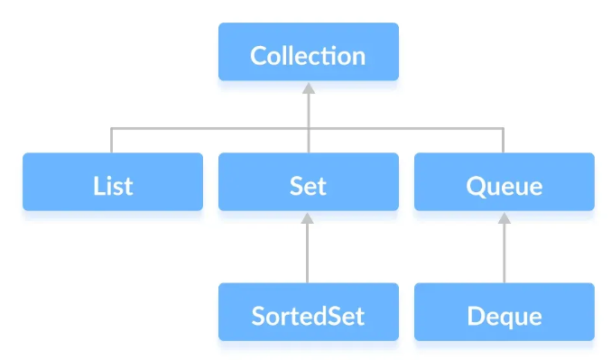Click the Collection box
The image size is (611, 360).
click(x=308, y=55)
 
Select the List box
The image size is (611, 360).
click(x=113, y=186)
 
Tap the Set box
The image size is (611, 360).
click(x=308, y=186)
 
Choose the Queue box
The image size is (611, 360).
click(x=504, y=186)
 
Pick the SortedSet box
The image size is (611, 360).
click(x=308, y=316)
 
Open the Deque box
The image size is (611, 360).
click(x=504, y=316)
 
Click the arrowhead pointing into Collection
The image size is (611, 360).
click(x=308, y=88)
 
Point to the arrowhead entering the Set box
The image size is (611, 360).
click(x=308, y=218)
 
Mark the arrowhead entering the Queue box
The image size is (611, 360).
click(x=504, y=218)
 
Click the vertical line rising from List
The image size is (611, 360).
click(x=112, y=141)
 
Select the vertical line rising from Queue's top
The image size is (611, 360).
click(x=504, y=141)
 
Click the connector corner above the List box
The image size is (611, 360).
click(x=112, y=128)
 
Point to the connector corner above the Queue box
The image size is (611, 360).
click(x=504, y=128)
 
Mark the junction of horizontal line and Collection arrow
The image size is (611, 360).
click(x=308, y=128)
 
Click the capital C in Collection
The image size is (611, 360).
click(x=260, y=56)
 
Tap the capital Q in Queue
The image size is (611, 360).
click(x=477, y=187)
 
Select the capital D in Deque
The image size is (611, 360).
click(x=477, y=317)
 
